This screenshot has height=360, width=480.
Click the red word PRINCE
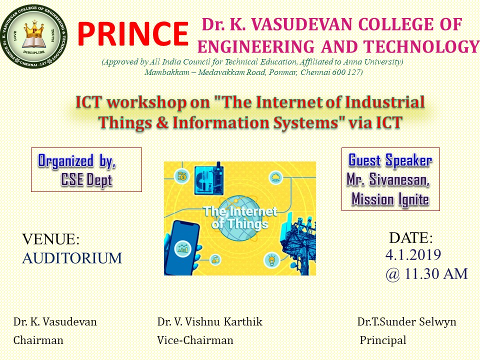[x=133, y=33]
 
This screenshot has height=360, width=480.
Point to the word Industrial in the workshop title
[x=385, y=102]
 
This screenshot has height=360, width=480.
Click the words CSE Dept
[x=86, y=179]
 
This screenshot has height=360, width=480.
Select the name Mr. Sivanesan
[x=388, y=179]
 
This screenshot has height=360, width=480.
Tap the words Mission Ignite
[x=390, y=199]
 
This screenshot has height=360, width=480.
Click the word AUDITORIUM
[x=72, y=258]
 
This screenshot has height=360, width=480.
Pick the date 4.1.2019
[x=413, y=254]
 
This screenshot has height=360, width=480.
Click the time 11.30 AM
[x=436, y=273]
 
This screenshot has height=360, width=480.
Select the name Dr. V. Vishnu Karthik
[x=209, y=321]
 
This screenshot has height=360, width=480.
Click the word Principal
[x=383, y=340]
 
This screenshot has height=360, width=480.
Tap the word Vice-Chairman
[x=195, y=340]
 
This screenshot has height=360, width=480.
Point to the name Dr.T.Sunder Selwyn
[x=406, y=321]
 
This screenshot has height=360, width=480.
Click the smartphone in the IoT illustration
[x=182, y=248]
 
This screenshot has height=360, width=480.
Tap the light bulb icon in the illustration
[x=271, y=260]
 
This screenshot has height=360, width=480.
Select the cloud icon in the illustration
[x=276, y=177]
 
